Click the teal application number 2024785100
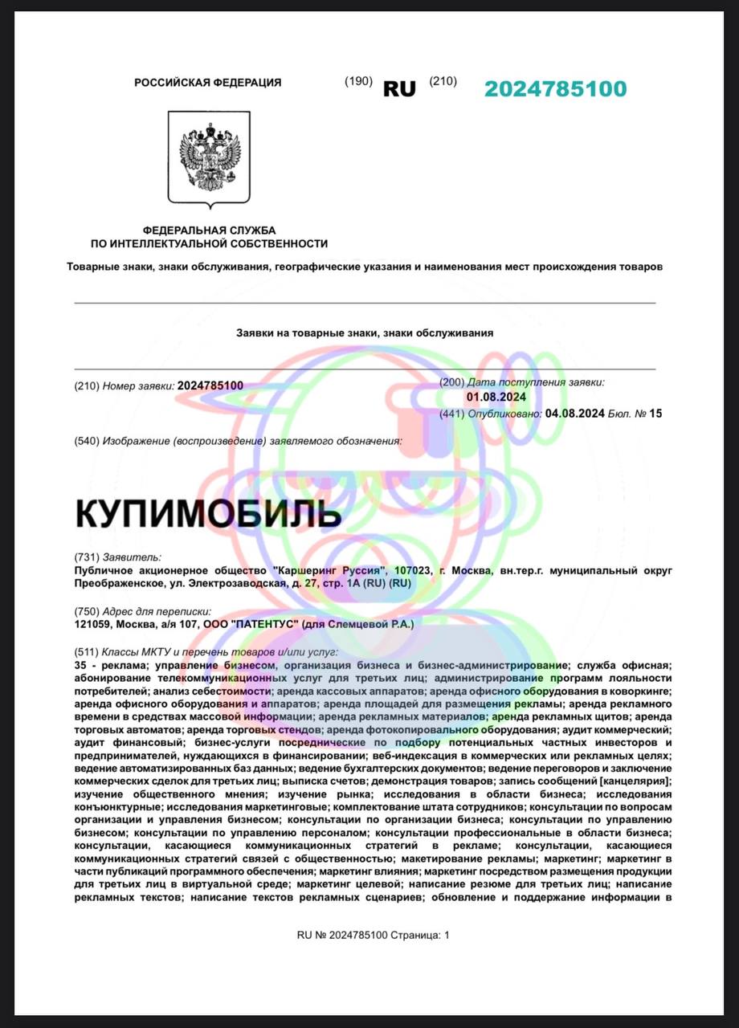tap(555, 88)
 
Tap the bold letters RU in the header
tap(399, 88)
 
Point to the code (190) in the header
tap(358, 81)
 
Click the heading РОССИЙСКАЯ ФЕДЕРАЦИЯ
tap(207, 82)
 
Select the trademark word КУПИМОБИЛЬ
tap(209, 513)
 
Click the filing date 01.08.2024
tap(496, 397)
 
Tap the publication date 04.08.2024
tap(574, 414)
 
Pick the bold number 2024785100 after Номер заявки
tap(210, 385)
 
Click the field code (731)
tap(85, 557)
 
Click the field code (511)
tap(85, 651)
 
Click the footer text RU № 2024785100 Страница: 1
tap(374, 935)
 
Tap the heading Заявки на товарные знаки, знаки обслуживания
tap(365, 332)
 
